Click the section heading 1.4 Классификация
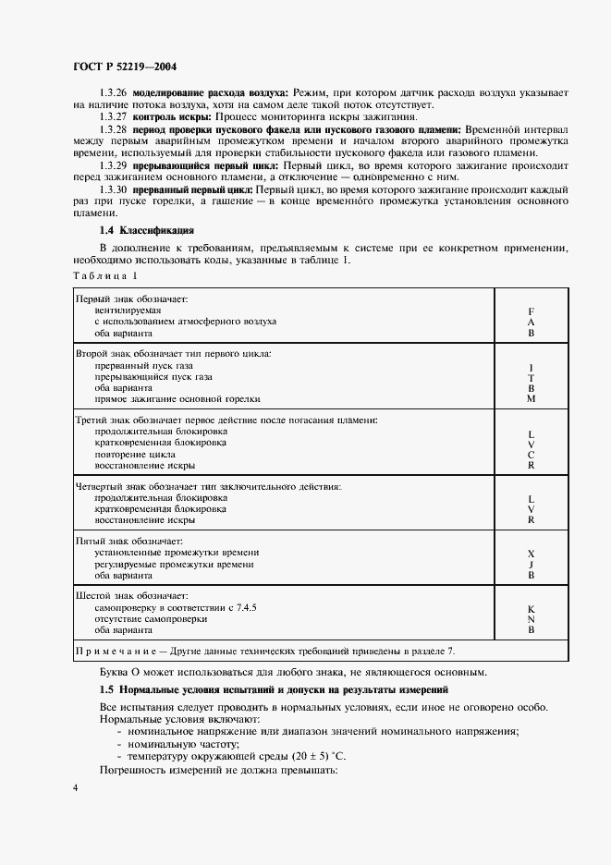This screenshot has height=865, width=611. pyautogui.click(x=146, y=229)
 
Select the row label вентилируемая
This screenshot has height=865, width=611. pyautogui.click(x=123, y=311)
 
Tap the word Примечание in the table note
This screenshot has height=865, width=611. pyautogui.click(x=110, y=650)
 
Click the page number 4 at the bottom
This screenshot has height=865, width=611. pyautogui.click(x=76, y=786)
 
